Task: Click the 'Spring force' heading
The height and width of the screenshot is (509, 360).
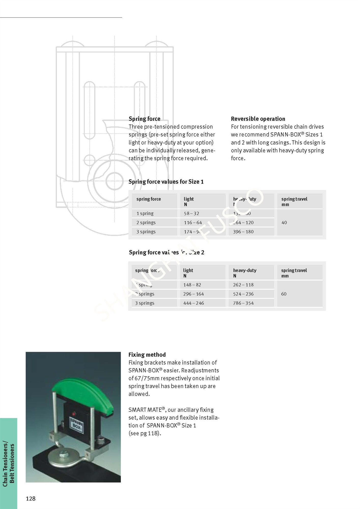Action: coord(144,119)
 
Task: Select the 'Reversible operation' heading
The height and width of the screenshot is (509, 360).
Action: coord(258,119)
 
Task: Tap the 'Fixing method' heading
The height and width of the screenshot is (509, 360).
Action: coord(147,355)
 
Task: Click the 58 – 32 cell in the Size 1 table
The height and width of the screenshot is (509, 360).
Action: coord(191,214)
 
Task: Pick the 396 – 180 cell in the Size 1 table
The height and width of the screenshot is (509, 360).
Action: coord(243,232)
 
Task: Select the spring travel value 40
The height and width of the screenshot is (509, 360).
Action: coord(284,223)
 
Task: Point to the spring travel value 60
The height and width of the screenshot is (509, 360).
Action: coord(284,294)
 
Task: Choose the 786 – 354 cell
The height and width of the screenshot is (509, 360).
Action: coord(243,303)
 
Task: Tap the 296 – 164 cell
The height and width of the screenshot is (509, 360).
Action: coord(193,294)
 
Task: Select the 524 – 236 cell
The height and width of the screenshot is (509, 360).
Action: coord(243,294)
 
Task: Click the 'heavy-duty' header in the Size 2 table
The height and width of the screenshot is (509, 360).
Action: coord(245,271)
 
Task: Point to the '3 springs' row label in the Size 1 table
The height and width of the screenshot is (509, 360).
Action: coord(146,232)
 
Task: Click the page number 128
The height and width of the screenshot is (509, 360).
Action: coord(31,499)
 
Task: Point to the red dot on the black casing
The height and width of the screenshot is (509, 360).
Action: coord(74,413)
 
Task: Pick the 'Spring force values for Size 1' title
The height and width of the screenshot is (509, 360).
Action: coord(166,182)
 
